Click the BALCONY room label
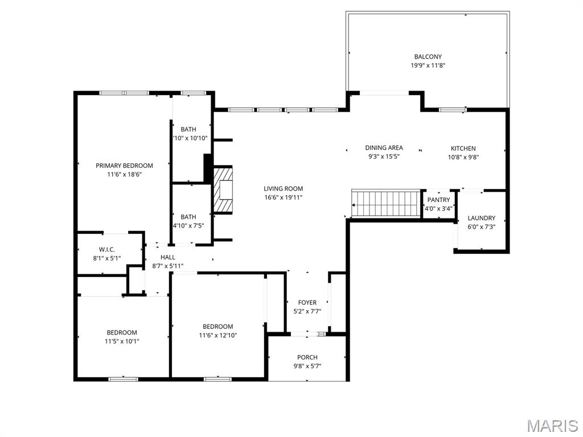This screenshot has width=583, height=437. [428, 56]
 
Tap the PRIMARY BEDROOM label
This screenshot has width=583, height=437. [124, 166]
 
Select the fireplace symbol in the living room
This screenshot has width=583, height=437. [223, 189]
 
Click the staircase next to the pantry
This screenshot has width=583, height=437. [385, 204]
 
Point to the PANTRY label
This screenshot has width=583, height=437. [438, 200]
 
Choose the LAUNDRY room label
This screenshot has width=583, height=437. [481, 218]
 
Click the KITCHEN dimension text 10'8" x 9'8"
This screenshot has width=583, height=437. [463, 157]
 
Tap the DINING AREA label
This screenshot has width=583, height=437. [384, 148]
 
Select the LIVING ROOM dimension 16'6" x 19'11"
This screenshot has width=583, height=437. [283, 197]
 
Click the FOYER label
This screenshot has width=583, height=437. [307, 303]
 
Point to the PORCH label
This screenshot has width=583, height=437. [307, 357]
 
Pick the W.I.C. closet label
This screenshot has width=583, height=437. [107, 249]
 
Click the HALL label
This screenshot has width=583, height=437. [167, 257]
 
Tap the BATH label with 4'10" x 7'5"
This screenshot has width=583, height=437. [188, 217]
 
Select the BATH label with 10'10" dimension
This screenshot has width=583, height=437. [188, 129]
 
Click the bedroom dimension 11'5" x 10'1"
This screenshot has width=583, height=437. [122, 341]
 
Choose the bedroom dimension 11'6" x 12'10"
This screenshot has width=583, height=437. [218, 336]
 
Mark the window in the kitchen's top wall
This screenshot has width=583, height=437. [453, 109]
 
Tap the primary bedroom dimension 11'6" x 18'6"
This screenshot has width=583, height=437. [124, 174]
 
